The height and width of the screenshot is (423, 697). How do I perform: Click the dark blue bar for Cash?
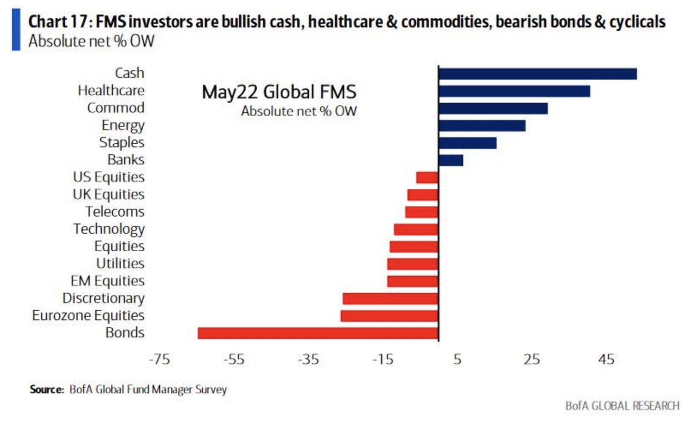click(537, 74)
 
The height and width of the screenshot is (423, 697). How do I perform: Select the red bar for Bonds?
click(318, 333)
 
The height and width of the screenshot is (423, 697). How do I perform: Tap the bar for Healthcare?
click(514, 91)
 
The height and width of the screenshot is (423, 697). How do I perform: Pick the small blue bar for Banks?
click(451, 160)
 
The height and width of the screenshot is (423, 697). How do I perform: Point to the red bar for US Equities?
click(427, 178)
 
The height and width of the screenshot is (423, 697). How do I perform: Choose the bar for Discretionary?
click(390, 299)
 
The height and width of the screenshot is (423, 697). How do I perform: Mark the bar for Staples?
click(468, 143)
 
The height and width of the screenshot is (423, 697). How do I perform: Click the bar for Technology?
click(416, 229)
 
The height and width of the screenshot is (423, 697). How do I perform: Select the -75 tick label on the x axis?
click(159, 359)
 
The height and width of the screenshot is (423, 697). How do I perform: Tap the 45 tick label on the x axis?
click(606, 359)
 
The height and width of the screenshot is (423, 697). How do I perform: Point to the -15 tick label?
click(382, 359)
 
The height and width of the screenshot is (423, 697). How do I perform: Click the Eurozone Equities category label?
click(89, 316)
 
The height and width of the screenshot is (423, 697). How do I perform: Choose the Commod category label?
click(116, 108)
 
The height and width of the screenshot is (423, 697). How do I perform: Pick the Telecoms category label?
click(115, 212)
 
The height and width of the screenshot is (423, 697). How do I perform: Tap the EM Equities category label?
click(107, 281)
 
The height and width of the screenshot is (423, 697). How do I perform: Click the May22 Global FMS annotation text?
click(279, 92)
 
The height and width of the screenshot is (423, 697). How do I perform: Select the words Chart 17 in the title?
click(58, 22)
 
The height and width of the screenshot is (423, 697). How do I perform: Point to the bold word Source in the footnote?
click(46, 390)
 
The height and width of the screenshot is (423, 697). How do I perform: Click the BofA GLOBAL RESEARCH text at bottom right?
click(622, 406)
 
